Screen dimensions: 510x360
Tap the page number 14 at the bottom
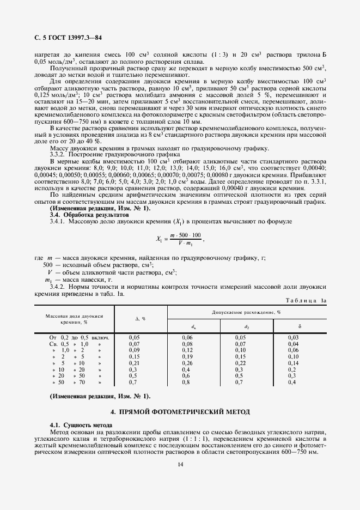pos(180,464)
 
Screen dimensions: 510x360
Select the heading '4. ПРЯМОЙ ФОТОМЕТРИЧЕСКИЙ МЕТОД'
pos(180,412)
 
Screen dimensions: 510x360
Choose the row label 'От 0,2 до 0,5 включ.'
pos(80,338)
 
